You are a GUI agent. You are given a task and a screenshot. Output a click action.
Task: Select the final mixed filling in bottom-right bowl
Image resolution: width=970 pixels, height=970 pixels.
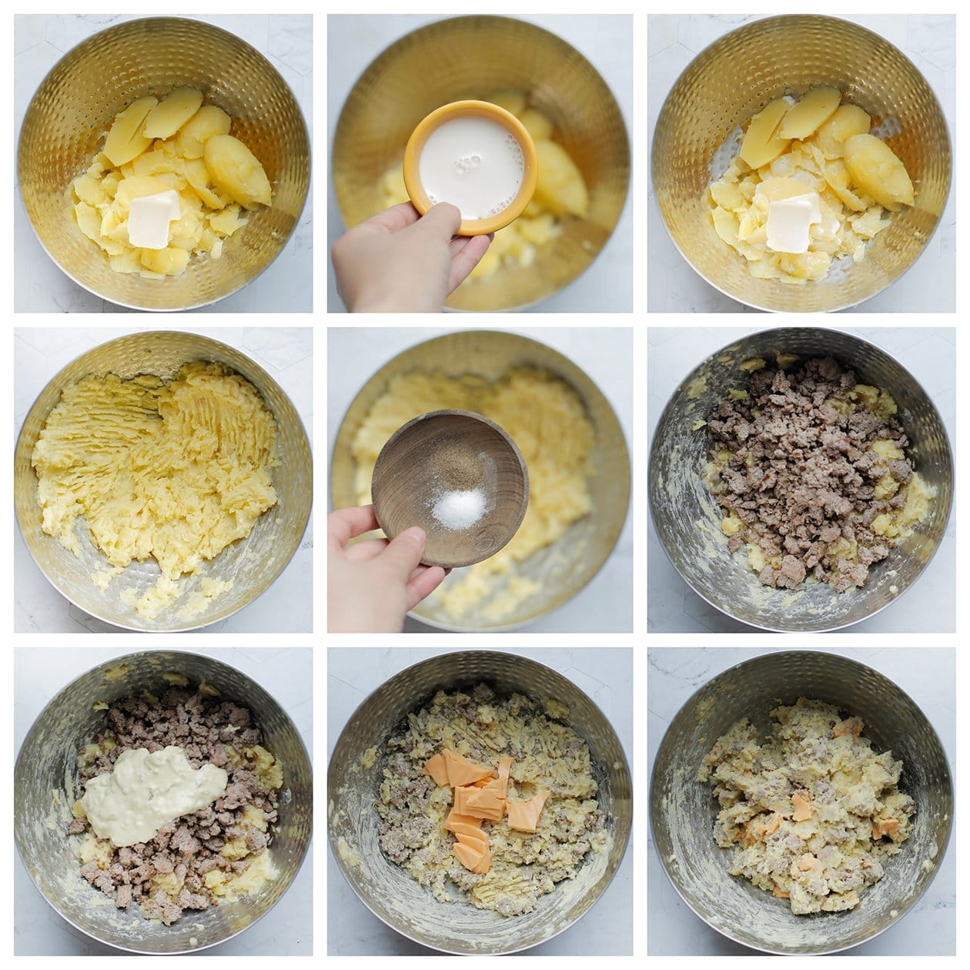tap(801, 808)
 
